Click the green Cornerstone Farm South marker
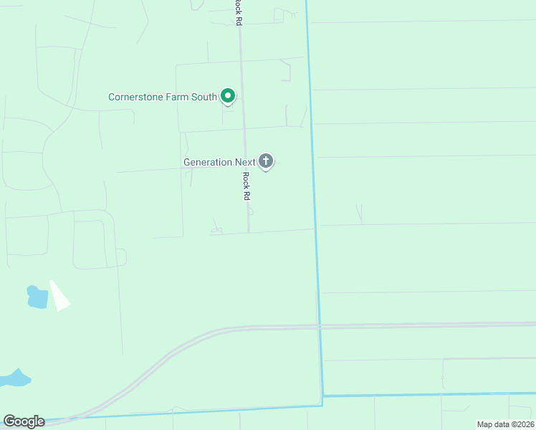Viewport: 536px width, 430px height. [x=228, y=95]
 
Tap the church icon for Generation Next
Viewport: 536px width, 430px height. [x=266, y=161]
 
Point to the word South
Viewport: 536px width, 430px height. [x=204, y=97]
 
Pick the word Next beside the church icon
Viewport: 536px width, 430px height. [x=245, y=162]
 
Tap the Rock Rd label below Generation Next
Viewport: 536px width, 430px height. [x=246, y=186]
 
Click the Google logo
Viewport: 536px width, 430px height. [x=24, y=421]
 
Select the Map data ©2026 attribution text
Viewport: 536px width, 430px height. [x=505, y=424]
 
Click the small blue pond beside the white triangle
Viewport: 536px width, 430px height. [x=37, y=296]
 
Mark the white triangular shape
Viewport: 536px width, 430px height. [x=59, y=296]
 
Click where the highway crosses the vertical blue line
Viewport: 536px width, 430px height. [x=319, y=326]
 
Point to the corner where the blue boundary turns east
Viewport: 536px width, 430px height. [x=322, y=396]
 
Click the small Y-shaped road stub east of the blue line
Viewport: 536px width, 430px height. [x=359, y=214]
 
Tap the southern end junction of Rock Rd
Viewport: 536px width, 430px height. [x=249, y=232]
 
